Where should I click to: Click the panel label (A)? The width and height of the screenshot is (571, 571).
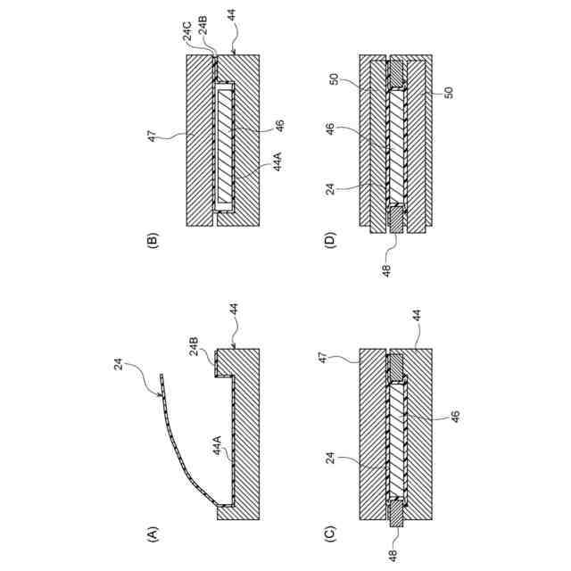[152, 534]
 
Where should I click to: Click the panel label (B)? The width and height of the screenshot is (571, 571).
[152, 240]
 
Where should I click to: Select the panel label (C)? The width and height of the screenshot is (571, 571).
[330, 534]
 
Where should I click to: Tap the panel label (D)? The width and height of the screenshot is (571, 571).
[330, 240]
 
